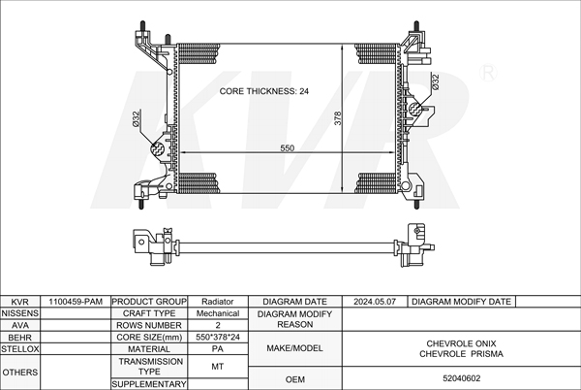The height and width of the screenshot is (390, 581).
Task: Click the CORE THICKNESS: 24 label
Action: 263,91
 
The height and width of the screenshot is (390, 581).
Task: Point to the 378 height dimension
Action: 338,118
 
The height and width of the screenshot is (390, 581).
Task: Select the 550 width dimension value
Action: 288,148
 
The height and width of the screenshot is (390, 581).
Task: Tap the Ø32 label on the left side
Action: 136,118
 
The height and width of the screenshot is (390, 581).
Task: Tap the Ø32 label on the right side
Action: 436,82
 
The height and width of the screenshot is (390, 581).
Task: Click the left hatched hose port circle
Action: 157,149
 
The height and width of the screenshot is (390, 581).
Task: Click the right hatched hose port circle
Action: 415,108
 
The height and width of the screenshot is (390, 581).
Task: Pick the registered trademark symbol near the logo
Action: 488,73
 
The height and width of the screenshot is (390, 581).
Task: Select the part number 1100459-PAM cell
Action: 76,302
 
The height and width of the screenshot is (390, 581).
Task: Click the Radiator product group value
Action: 218,302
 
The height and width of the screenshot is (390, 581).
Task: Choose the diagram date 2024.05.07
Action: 375,302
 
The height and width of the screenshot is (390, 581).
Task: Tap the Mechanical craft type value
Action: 218,313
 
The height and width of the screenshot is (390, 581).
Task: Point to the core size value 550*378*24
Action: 218,337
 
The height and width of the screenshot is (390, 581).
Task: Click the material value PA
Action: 218,349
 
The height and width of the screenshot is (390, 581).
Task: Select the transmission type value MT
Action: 218,367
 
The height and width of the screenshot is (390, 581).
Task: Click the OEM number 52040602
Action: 461,378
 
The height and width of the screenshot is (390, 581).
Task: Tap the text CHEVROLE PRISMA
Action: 461,354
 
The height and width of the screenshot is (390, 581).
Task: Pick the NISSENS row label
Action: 20,313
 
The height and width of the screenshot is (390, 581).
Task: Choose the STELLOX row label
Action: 20,349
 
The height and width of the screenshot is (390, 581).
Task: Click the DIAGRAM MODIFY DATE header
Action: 461,302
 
